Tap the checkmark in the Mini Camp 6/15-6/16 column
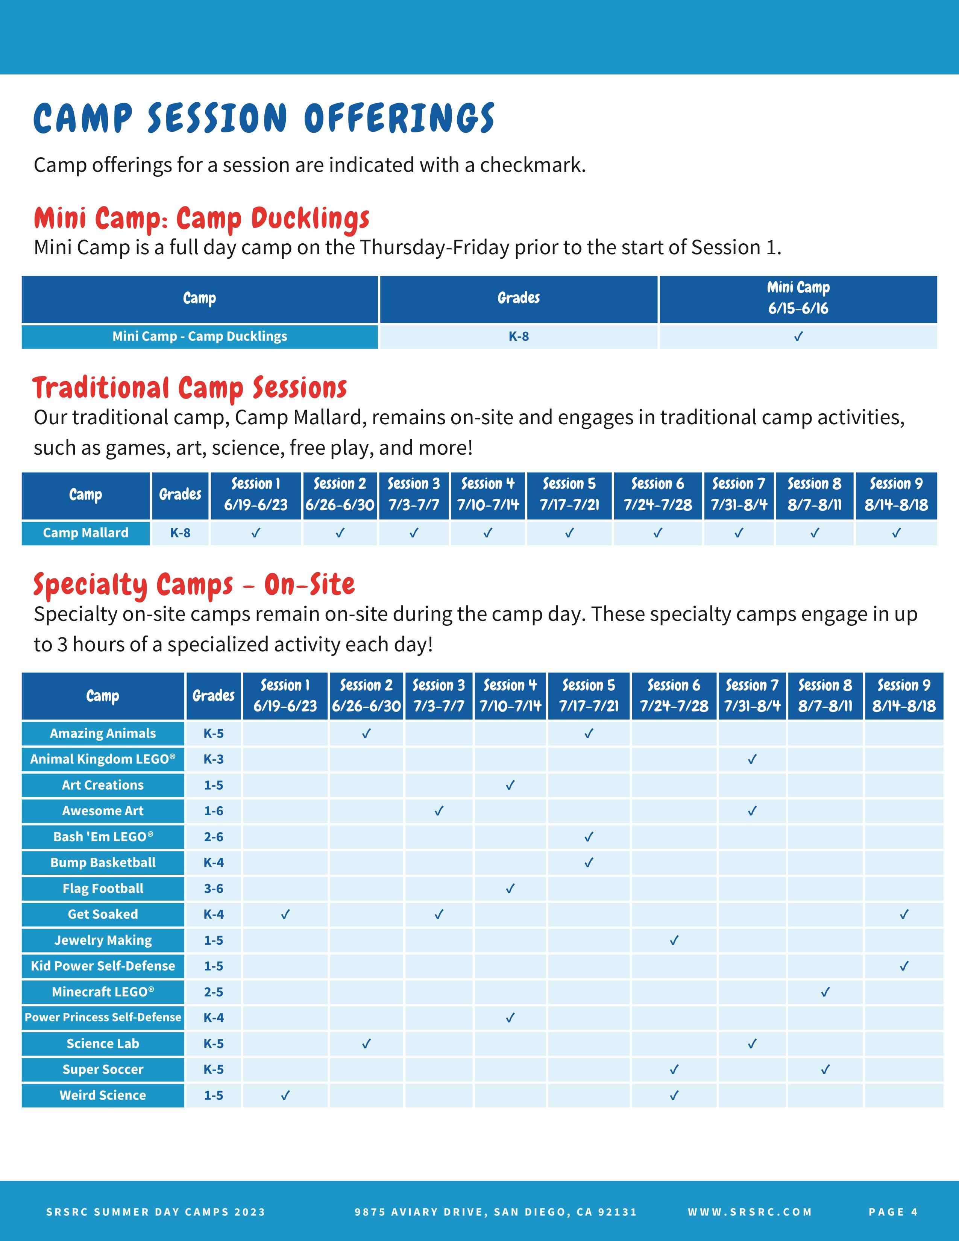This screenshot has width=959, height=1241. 798,337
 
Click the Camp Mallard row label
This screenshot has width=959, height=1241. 86,533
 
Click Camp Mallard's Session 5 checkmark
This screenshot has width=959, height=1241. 569,533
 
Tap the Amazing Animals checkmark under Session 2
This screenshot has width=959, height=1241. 366,734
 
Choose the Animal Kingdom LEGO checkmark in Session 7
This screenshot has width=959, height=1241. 752,759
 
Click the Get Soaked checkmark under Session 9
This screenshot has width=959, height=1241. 904,914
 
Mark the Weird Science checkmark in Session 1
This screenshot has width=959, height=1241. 285,1095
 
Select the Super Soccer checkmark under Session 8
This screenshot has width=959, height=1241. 825,1070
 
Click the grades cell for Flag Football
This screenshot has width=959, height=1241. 214,889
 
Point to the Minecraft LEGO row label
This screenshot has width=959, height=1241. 103,992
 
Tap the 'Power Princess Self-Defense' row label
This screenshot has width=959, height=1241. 103,1017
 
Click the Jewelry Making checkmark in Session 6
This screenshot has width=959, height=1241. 674,941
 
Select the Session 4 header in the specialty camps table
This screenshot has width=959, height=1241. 510,695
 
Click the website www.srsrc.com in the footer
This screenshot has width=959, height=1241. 750,1212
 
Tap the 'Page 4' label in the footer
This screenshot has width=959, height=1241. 893,1212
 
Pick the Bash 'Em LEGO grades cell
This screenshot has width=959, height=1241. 214,837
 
